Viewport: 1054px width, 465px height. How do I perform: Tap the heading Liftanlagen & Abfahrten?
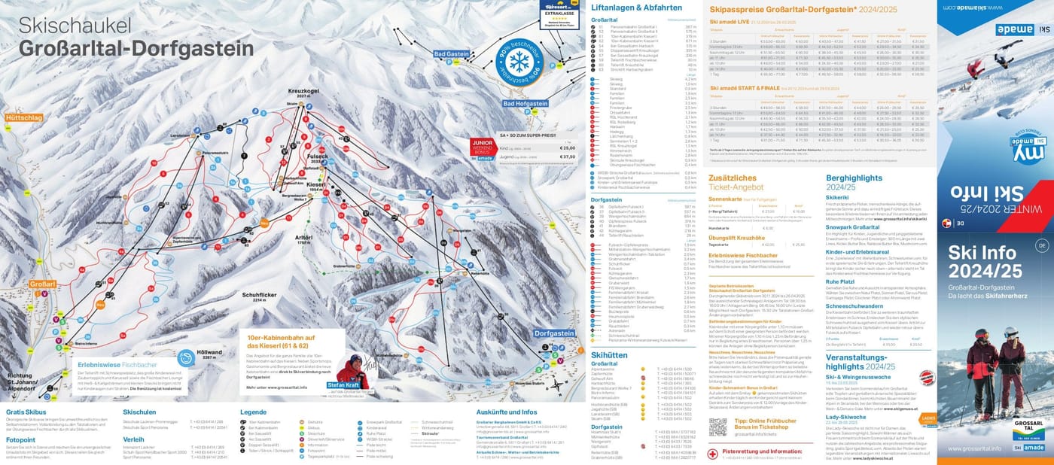(626, 8)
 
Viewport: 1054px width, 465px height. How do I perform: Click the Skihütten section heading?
(609, 354)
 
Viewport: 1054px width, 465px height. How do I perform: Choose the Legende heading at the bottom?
(253, 412)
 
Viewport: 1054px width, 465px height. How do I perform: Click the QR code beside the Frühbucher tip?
(717, 427)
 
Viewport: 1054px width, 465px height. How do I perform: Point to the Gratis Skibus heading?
(26, 412)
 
